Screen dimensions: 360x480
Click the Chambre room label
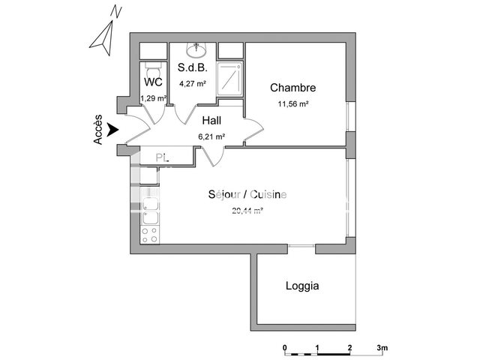[x=293, y=88]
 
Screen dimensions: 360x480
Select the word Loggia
[x=302, y=286]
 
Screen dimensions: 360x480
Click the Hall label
[x=212, y=119]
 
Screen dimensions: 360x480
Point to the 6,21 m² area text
[x=211, y=136]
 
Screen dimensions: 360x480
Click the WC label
[x=154, y=82]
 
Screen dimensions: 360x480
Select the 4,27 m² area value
[x=191, y=84]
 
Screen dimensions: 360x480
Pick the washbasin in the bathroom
[x=197, y=49]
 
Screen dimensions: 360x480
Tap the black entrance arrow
[x=113, y=130]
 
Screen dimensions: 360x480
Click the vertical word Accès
[x=98, y=130]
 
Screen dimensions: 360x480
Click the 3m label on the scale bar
[x=382, y=348]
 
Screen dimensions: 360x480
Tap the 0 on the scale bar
[x=285, y=348]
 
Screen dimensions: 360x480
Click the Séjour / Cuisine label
[x=247, y=195]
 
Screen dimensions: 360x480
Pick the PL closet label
[x=162, y=157]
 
